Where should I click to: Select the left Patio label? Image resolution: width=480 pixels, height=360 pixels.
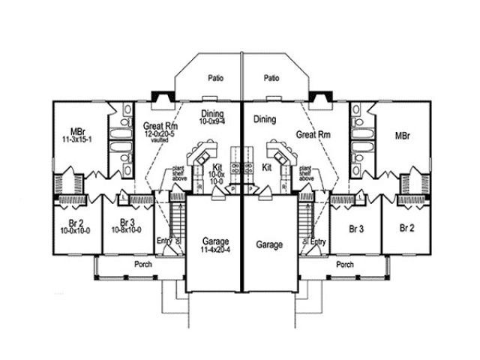(216, 78)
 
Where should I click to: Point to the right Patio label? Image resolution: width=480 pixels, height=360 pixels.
(271, 78)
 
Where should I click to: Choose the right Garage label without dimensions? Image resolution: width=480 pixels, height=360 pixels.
(268, 244)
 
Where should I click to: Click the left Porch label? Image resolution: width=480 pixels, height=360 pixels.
(143, 265)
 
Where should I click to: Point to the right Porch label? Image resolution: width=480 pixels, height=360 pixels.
(345, 265)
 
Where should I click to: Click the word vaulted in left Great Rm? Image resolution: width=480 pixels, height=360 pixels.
(160, 150)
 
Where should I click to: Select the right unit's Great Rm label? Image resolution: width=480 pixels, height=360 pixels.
(313, 135)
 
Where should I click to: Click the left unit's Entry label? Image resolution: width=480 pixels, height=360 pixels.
(165, 241)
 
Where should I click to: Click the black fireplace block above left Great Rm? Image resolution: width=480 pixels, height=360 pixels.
(161, 97)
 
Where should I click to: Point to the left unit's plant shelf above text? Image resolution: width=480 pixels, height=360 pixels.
(178, 173)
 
